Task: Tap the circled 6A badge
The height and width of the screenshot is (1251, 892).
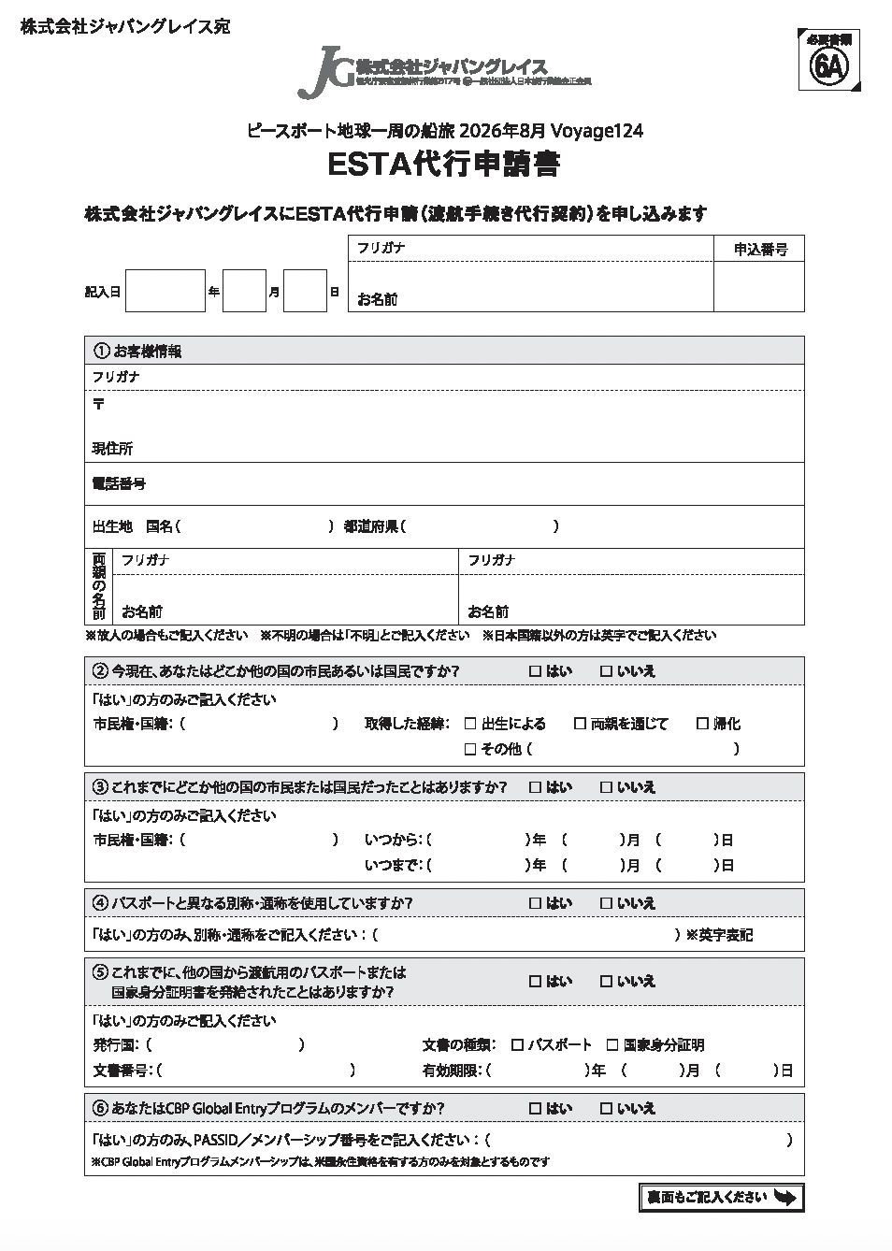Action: click(x=828, y=65)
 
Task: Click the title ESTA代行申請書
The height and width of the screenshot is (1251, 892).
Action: click(x=444, y=165)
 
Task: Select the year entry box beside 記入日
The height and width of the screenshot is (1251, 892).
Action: click(x=165, y=291)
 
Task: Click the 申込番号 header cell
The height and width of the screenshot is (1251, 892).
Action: click(x=759, y=249)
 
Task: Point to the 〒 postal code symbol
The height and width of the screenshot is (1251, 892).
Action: click(x=98, y=405)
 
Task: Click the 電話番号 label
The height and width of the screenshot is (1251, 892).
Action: click(x=119, y=483)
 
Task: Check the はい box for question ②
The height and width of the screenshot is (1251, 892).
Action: click(x=535, y=671)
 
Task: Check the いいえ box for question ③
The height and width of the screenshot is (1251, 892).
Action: click(x=605, y=787)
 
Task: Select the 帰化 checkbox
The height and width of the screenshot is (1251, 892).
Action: click(x=702, y=724)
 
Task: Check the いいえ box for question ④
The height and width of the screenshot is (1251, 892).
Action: click(x=605, y=903)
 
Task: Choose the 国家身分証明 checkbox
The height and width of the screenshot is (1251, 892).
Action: click(x=612, y=1045)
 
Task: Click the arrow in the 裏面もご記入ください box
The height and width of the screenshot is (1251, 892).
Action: click(x=785, y=1198)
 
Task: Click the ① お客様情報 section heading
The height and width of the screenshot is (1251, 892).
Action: click(x=138, y=352)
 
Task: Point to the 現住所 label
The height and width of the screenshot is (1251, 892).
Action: click(x=112, y=449)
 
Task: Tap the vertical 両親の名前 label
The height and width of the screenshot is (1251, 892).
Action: click(x=98, y=586)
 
